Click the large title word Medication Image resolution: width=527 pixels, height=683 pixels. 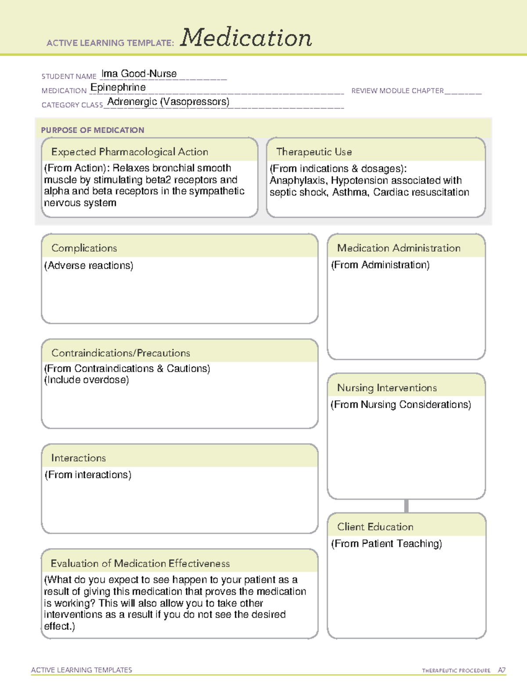pos(246,38)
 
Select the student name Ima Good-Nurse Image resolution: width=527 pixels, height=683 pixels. pos(139,74)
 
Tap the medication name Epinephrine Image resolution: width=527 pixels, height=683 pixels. pos(118,88)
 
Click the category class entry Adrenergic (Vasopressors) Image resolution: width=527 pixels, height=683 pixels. pos(168,102)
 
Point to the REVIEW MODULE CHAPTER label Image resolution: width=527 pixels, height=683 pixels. pos(397,91)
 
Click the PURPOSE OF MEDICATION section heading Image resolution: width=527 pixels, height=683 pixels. pos(93,130)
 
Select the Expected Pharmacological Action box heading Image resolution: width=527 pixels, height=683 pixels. pos(130,152)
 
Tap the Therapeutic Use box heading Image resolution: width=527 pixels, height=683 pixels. pos(314,152)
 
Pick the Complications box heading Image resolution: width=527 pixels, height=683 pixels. pos(84,248)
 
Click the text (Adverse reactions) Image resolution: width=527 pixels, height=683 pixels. pos(89,266)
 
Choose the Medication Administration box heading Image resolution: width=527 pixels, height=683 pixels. pos(399,248)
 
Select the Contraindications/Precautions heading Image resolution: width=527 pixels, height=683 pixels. pos(121,353)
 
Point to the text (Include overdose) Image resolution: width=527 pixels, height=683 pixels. pos(87,380)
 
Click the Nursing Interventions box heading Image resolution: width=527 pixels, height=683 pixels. pos(387,388)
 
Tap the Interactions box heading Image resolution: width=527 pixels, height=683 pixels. pos(79,458)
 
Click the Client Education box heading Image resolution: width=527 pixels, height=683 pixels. pos(375,527)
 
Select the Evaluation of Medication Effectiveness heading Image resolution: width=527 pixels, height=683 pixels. pos(140,563)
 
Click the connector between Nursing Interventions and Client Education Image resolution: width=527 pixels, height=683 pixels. pos(406,506)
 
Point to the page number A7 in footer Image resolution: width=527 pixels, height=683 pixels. pos(502,670)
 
